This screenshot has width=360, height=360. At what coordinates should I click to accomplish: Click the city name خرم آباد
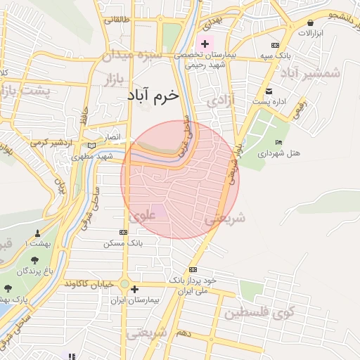click(x=153, y=94)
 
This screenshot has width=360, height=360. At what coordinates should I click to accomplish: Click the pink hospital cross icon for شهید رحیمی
click(x=205, y=44)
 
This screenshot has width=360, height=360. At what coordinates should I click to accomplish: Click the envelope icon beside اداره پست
click(x=269, y=91)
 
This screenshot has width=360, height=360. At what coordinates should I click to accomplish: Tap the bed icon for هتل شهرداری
click(x=279, y=143)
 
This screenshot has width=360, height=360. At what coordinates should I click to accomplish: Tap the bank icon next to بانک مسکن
click(x=124, y=232)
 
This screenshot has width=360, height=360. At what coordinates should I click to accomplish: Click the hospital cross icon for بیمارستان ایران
click(x=135, y=288)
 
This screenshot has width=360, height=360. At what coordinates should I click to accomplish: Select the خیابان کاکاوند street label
click(x=90, y=283)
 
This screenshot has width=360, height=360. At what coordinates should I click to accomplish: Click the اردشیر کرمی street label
click(x=49, y=143)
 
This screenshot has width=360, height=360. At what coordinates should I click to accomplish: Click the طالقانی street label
click(x=117, y=19)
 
